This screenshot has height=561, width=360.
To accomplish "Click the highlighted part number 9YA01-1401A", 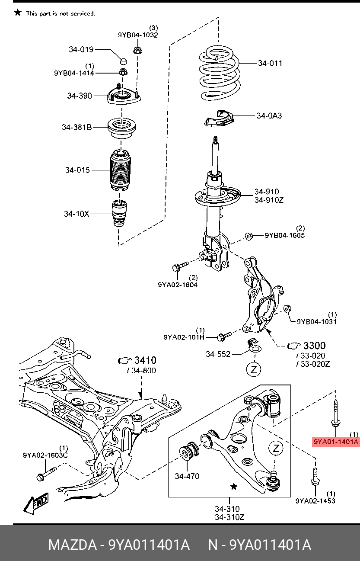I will [336, 442].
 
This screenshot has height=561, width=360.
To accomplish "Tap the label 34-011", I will [270, 63].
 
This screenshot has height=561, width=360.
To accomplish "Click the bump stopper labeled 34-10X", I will [120, 214].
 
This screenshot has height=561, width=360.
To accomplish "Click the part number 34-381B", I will [76, 128].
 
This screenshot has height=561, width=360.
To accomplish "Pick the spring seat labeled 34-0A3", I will [219, 118].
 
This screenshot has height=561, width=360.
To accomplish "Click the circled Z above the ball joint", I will [276, 449].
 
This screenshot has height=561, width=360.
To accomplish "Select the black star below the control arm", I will [234, 487].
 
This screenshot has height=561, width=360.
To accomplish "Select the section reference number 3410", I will [145, 360].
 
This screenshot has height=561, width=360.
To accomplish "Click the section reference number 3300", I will [314, 346].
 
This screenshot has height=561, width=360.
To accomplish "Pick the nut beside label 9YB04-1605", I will [249, 236].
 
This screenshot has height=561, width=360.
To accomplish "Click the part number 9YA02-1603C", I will [45, 455].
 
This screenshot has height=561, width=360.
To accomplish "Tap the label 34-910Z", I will [268, 200].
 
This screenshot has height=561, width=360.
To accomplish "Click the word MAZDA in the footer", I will [72, 545].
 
